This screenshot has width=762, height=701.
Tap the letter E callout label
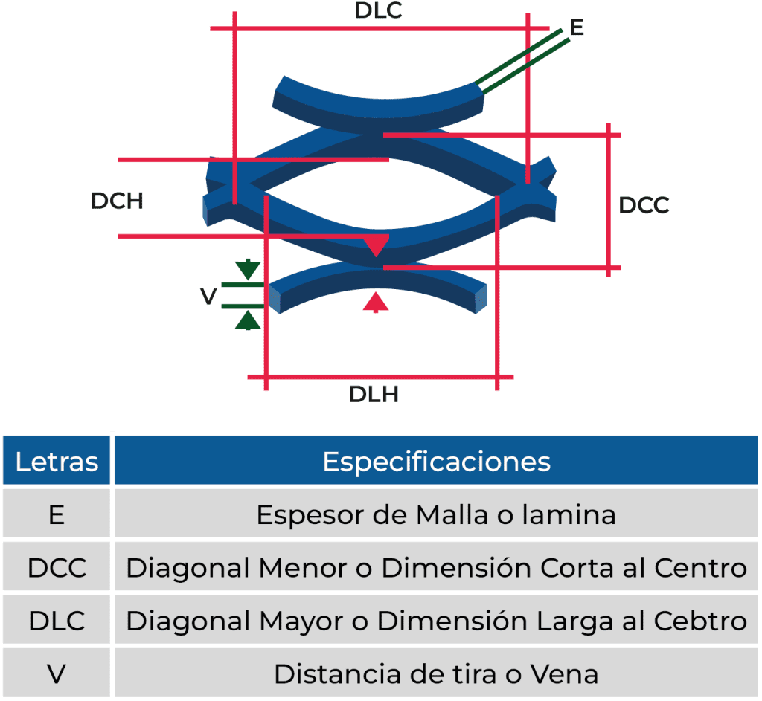577,28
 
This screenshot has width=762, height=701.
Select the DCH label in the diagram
117,201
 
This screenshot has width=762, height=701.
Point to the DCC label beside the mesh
644,205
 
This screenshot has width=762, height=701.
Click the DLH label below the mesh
374,394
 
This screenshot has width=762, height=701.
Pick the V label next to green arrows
208,297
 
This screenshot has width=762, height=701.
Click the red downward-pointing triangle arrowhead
377,245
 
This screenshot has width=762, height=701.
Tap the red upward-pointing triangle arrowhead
377,301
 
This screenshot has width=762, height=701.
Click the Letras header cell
57,462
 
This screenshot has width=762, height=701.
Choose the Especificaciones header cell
436,462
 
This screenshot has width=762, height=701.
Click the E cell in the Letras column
57,514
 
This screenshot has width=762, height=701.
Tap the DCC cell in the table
57,568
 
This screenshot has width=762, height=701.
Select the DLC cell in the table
57,621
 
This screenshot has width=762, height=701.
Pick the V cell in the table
57,674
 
